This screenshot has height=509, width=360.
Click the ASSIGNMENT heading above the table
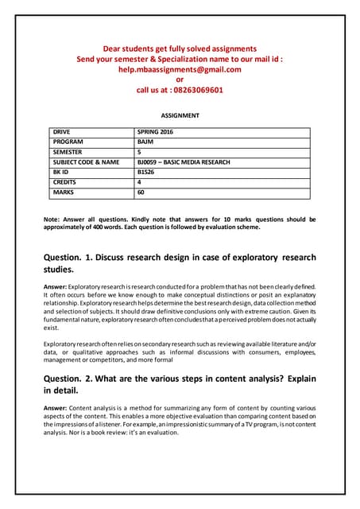(180, 115)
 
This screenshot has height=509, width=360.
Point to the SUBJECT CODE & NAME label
(86, 161)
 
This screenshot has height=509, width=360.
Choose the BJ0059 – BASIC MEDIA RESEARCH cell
(184, 161)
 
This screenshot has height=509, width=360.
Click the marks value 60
(141, 192)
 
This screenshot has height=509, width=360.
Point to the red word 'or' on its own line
(180, 80)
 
